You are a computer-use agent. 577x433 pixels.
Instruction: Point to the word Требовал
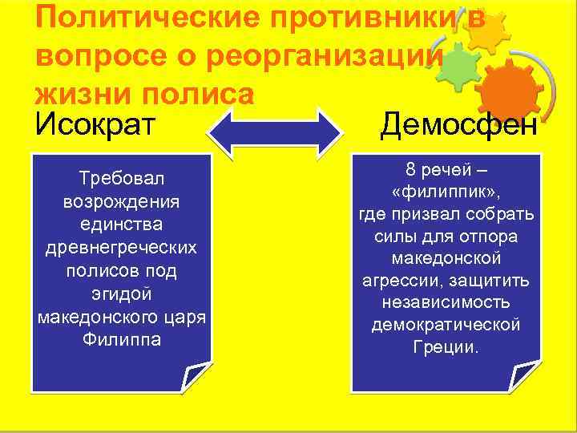122,176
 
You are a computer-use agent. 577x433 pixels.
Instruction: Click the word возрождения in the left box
122,197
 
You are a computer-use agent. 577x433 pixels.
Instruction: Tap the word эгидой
122,295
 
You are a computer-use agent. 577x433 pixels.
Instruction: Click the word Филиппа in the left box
122,338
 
